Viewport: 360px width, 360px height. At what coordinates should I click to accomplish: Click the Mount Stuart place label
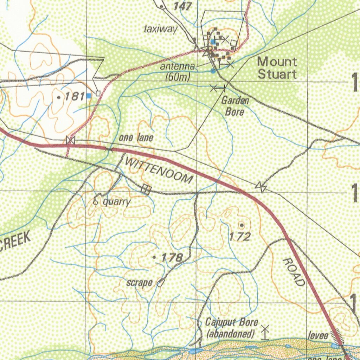tap(277, 68)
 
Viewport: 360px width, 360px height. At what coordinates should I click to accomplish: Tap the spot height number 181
tap(74, 96)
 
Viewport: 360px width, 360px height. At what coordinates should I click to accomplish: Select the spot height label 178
tap(172, 258)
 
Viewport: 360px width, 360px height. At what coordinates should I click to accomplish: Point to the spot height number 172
tap(240, 237)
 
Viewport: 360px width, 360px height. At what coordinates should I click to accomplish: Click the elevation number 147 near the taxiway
tap(183, 6)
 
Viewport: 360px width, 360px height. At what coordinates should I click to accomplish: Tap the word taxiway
tap(161, 30)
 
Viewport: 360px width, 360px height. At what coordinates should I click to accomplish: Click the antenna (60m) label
tap(178, 72)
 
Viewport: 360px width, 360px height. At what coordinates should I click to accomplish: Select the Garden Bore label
tap(235, 107)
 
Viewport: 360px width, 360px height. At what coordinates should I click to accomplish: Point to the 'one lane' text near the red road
tap(136, 137)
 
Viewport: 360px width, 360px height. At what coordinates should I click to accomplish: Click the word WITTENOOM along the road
tap(159, 171)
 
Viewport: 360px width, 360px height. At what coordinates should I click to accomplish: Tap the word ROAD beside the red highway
tap(294, 272)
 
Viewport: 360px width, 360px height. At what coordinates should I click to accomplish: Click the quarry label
tap(117, 202)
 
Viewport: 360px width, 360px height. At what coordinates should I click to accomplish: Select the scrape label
tap(140, 283)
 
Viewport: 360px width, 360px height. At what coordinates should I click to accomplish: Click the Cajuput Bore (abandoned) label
tap(232, 328)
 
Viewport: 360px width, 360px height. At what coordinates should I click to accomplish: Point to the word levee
tap(318, 336)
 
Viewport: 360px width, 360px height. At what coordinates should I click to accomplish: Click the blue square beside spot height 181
tap(89, 95)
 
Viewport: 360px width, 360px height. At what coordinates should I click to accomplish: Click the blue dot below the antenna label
tap(213, 71)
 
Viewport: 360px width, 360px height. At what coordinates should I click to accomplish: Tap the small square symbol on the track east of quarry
tap(146, 190)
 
